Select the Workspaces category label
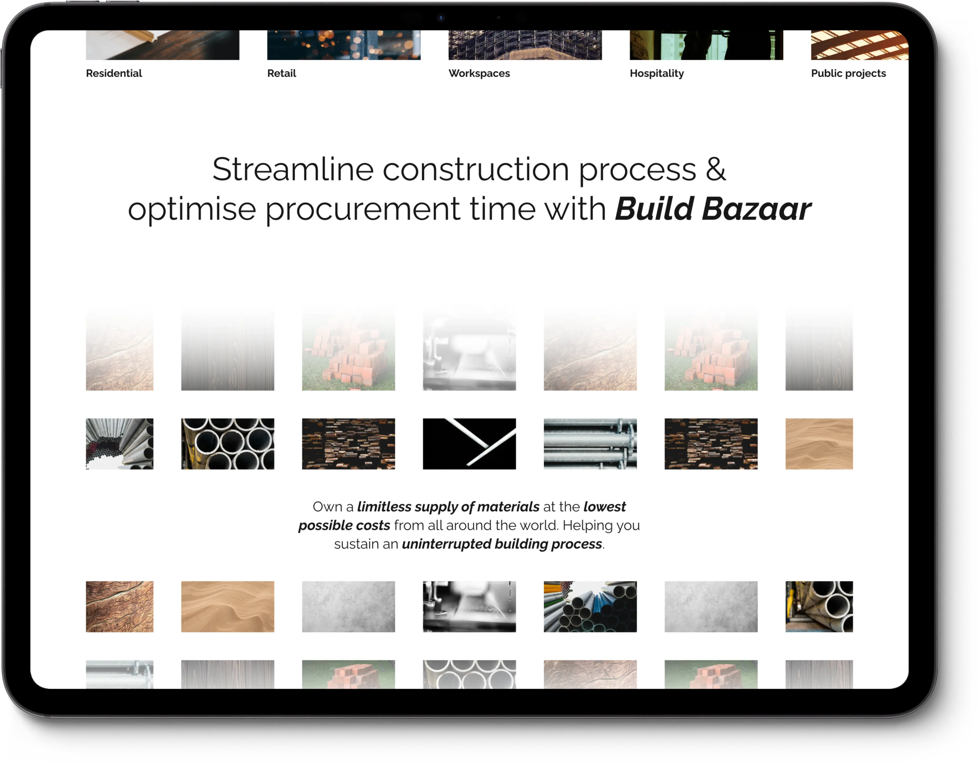click(479, 74)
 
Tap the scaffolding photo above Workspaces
click(525, 45)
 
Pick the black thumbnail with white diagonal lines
click(469, 444)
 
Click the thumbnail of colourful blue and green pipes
click(590, 607)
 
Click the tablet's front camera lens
click(441, 18)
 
